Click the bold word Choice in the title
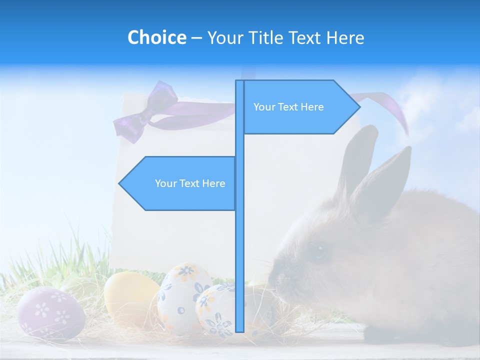point(156,37)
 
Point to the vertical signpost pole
point(239,225)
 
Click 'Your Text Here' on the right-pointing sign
point(288,107)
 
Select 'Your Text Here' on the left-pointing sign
point(190,183)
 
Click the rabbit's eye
point(318,251)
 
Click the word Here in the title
point(345,37)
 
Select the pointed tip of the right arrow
point(359,107)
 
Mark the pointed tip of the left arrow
point(119,183)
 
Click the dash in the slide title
point(196,38)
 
